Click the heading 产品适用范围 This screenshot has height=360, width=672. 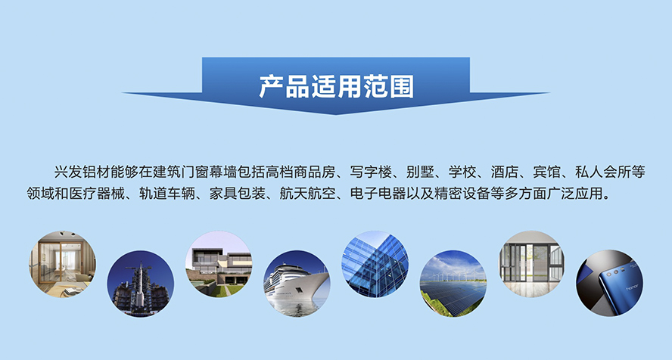pyautogui.click(x=337, y=86)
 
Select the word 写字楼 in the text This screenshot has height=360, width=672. pyautogui.click(x=371, y=172)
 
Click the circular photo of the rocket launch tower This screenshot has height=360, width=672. pyautogui.click(x=141, y=284)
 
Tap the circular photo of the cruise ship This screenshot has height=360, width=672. pyautogui.click(x=297, y=284)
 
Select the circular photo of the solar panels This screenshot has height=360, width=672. pyautogui.click(x=453, y=284)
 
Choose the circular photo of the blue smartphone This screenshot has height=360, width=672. pyautogui.click(x=609, y=284)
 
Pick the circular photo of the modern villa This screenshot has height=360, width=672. pyautogui.click(x=219, y=264)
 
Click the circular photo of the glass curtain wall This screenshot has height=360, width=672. pyautogui.click(x=375, y=264)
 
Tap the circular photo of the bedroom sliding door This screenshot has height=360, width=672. pyautogui.click(x=63, y=264)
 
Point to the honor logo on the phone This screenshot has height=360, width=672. pyautogui.click(x=632, y=287)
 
